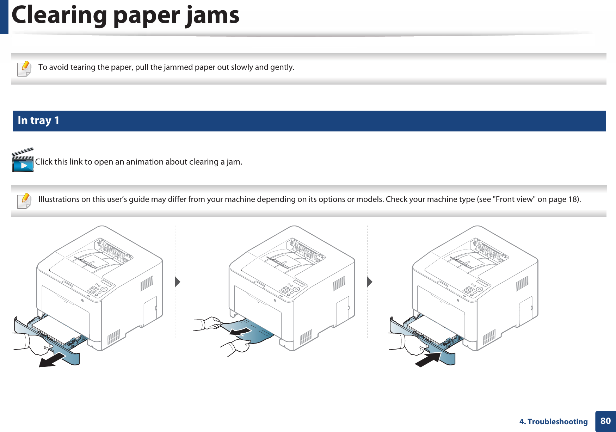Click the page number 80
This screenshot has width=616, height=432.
pyautogui.click(x=605, y=421)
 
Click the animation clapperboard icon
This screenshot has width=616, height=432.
pyautogui.click(x=23, y=161)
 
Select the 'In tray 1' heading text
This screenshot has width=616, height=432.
pyautogui.click(x=38, y=121)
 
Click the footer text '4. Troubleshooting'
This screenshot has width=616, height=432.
pyautogui.click(x=553, y=422)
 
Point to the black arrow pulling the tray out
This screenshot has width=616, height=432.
pyautogui.click(x=52, y=360)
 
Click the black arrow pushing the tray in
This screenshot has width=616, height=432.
pyautogui.click(x=428, y=360)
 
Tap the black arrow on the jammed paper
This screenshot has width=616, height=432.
pyautogui.click(x=240, y=331)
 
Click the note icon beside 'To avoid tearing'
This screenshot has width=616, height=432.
pyautogui.click(x=24, y=68)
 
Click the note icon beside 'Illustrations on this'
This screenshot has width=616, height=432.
pyautogui.click(x=24, y=201)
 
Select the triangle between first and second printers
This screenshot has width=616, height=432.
pyautogui.click(x=178, y=282)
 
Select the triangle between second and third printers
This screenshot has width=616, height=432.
pyautogui.click(x=369, y=282)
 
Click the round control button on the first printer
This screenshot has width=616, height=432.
pyautogui.click(x=104, y=289)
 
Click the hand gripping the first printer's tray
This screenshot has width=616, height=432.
pyautogui.click(x=37, y=344)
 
